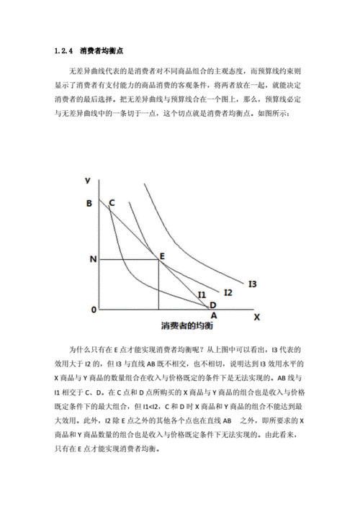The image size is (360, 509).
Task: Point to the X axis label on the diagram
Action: pyautogui.click(x=257, y=315)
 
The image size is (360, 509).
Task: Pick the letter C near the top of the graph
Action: pyautogui.click(x=112, y=204)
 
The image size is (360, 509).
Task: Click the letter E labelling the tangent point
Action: pyautogui.click(x=162, y=255)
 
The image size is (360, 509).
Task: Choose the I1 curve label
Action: pyautogui.click(x=202, y=294)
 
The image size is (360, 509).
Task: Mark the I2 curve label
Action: pyautogui.click(x=228, y=292)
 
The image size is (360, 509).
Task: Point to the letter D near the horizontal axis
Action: pyautogui.click(x=212, y=305)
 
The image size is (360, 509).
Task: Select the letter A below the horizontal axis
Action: pyautogui.click(x=212, y=315)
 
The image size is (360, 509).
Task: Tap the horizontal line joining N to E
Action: pyautogui.click(x=130, y=258)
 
